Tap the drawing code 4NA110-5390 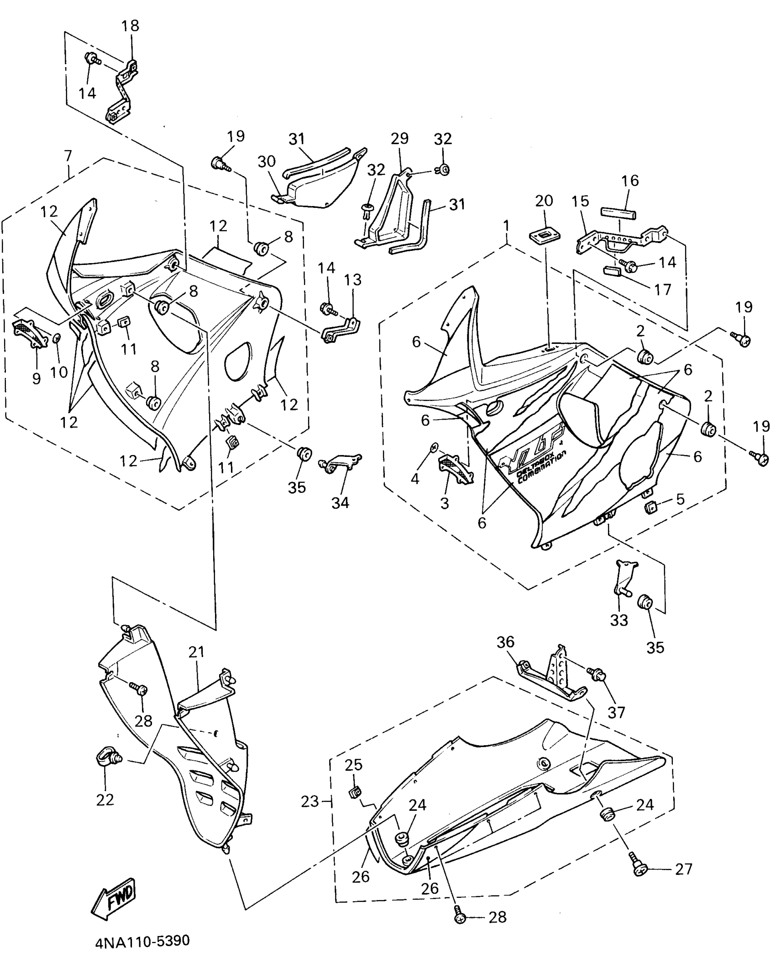pos(142,941)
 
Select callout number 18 pos(130,26)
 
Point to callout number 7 pos(68,156)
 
